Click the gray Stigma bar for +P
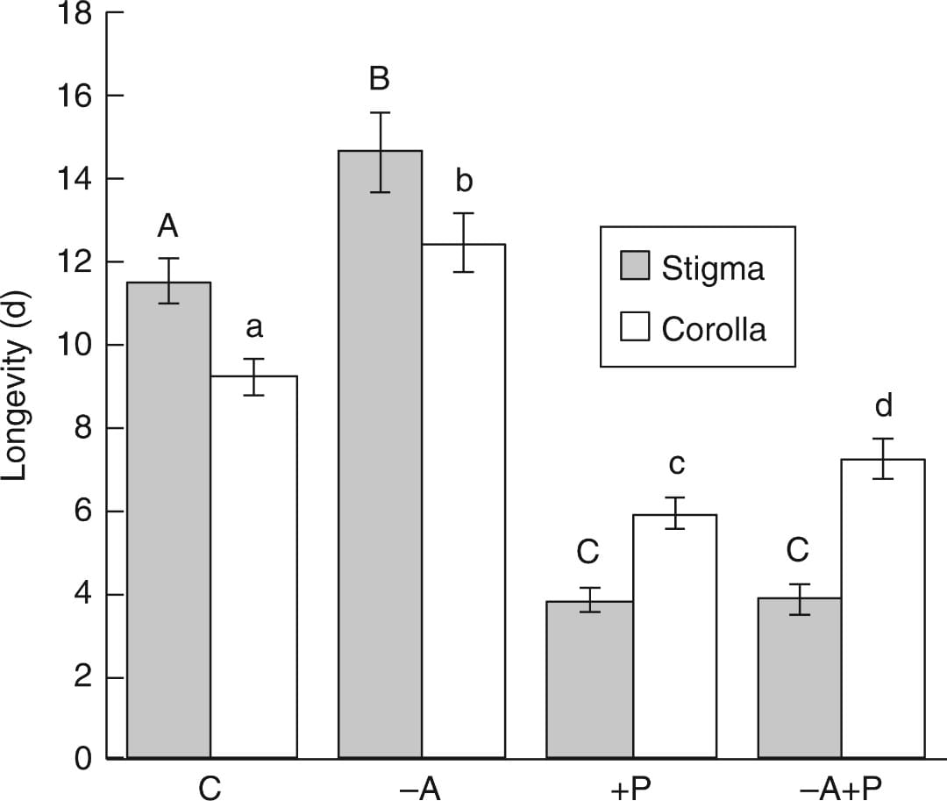[589, 679]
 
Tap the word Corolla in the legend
[714, 329]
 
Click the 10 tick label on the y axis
[75, 346]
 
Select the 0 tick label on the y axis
[82, 758]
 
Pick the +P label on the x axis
[630, 787]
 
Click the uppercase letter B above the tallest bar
[379, 79]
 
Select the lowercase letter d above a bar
[883, 405]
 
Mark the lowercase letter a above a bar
[254, 328]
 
